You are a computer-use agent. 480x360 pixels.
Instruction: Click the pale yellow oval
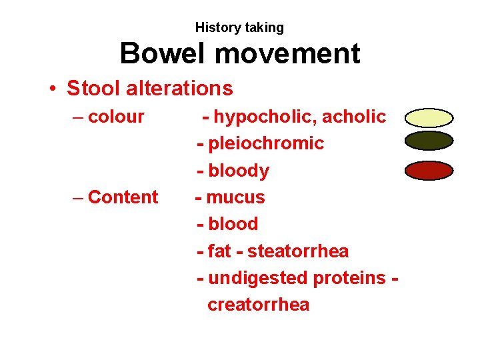click(429, 118)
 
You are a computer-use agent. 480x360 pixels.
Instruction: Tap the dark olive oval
click(429, 141)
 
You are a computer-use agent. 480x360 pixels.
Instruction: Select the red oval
click(429, 170)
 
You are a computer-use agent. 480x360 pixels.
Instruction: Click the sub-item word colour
click(116, 117)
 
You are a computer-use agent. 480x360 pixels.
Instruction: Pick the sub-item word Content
click(123, 197)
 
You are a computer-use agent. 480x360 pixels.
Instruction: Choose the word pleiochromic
click(266, 143)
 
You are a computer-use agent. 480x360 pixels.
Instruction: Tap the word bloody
click(239, 171)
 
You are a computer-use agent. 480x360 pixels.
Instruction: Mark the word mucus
click(235, 197)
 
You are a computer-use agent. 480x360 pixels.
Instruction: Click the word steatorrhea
click(298, 251)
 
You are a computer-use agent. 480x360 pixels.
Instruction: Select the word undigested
click(253, 278)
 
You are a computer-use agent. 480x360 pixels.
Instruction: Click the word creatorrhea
click(259, 305)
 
